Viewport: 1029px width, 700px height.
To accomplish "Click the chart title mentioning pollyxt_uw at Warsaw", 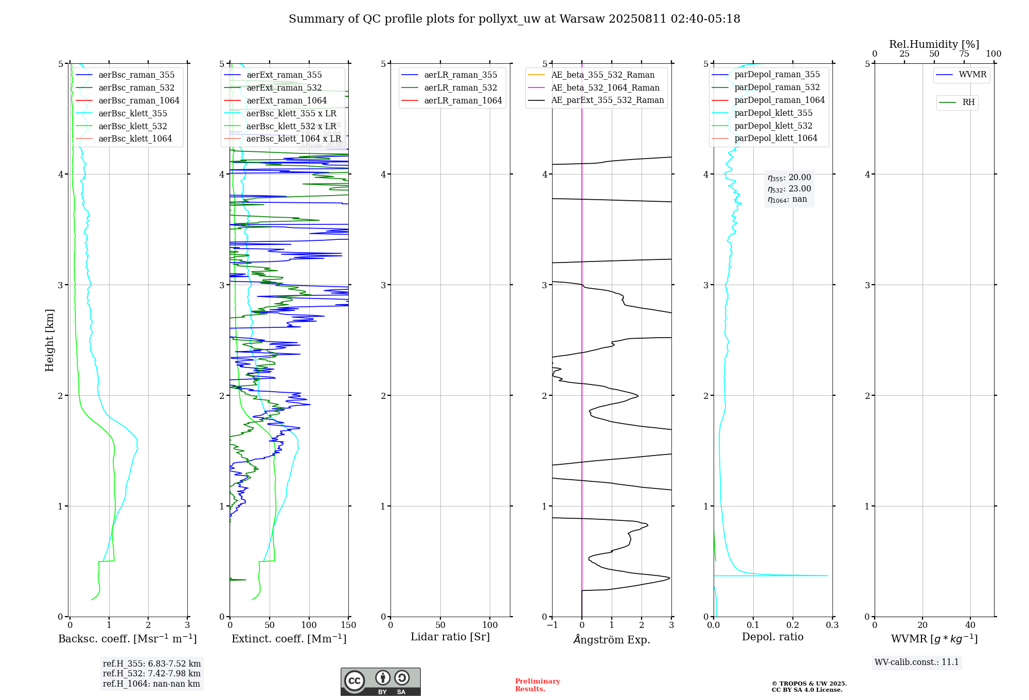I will tap(514, 19).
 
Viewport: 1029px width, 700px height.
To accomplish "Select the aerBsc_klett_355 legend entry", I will tap(132, 113).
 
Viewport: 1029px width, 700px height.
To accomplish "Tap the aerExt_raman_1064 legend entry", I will tap(286, 100).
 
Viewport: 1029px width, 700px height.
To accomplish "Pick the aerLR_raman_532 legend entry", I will tap(460, 87).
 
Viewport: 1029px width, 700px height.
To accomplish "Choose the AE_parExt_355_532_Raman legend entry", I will tap(607, 100).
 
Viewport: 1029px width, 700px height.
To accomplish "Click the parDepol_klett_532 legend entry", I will tap(773, 126).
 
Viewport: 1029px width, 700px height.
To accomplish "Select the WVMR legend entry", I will tap(972, 75).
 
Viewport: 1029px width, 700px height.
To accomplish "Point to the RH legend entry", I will tap(968, 102).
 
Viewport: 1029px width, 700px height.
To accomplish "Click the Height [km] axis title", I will tap(49, 340).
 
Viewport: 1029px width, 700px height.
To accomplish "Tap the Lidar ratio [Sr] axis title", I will tap(450, 637).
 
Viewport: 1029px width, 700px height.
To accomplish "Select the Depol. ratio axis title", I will tap(772, 637).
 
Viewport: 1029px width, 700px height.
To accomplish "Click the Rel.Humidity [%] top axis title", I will tap(934, 44).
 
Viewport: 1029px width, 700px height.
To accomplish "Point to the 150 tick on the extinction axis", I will tap(348, 625).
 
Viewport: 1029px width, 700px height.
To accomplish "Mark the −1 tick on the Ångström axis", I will tap(552, 625).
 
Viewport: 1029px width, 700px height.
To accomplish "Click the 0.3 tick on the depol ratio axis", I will tap(832, 625).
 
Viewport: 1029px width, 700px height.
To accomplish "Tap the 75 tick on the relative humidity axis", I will tap(964, 54).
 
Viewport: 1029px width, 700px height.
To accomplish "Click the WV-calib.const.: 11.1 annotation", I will tap(916, 662).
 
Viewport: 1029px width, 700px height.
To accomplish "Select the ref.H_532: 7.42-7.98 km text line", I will tap(151, 673).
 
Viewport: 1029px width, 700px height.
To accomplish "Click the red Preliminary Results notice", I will tap(537, 685).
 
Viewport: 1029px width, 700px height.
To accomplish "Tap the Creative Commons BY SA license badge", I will tap(380, 682).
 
